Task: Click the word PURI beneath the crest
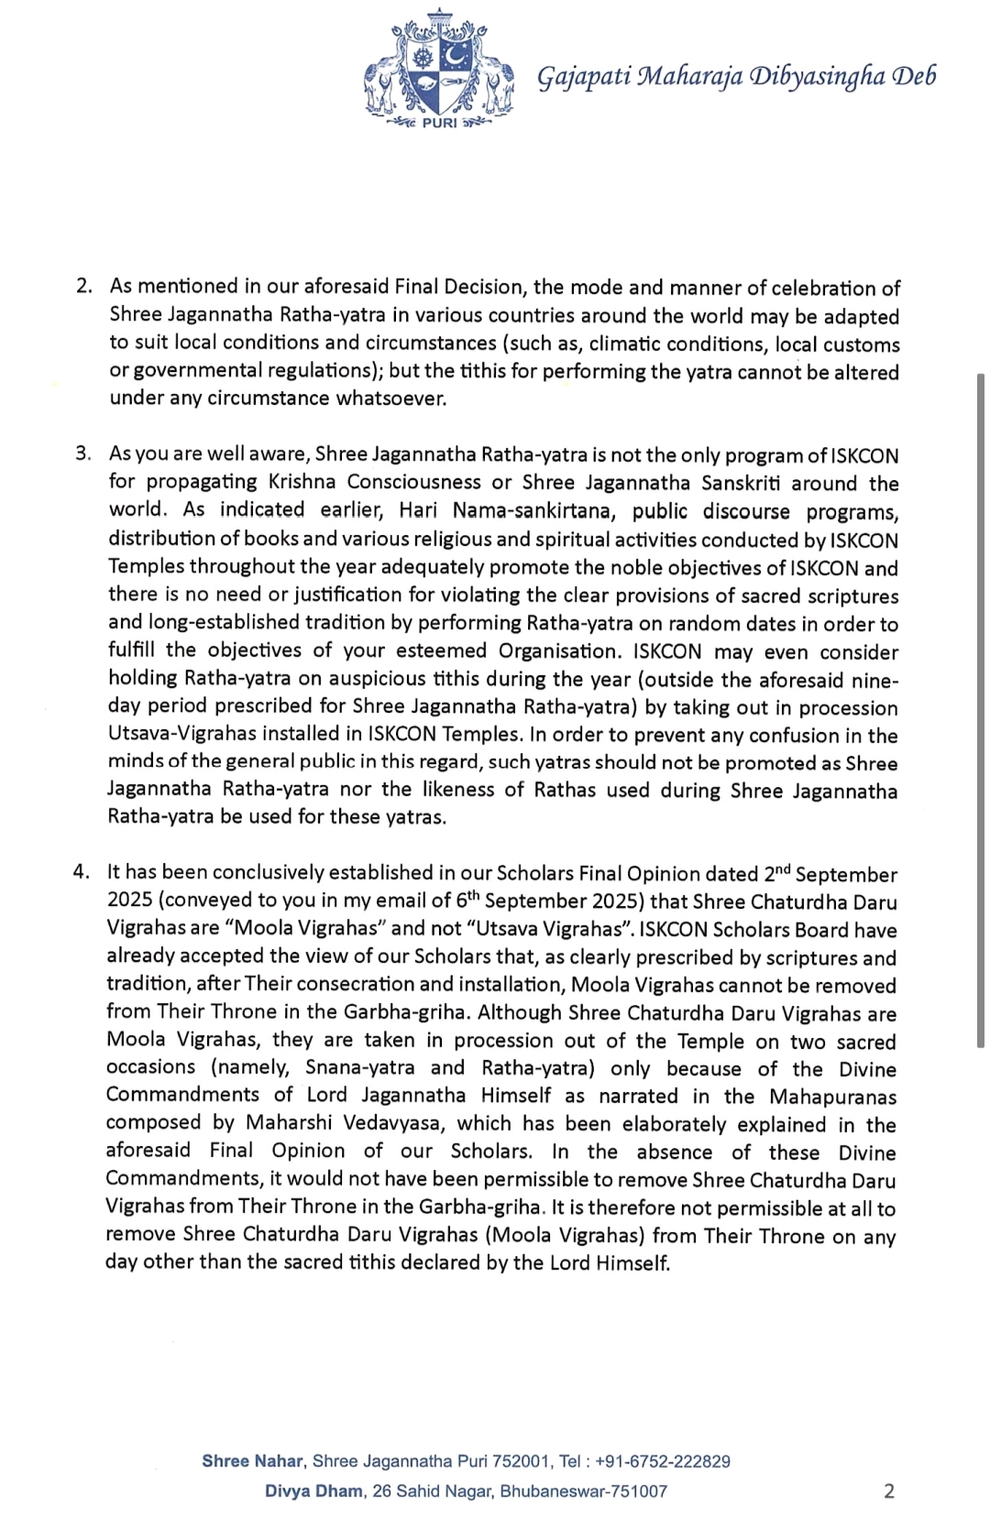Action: [x=439, y=123]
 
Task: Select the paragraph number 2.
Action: [x=83, y=288]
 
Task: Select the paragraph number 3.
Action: [x=83, y=454]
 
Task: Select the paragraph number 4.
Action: [x=82, y=872]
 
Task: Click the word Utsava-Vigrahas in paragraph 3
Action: [x=187, y=735]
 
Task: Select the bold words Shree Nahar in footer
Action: [x=253, y=1461]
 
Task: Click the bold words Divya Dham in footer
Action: [x=313, y=1491]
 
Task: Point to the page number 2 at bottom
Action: [x=888, y=1490]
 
